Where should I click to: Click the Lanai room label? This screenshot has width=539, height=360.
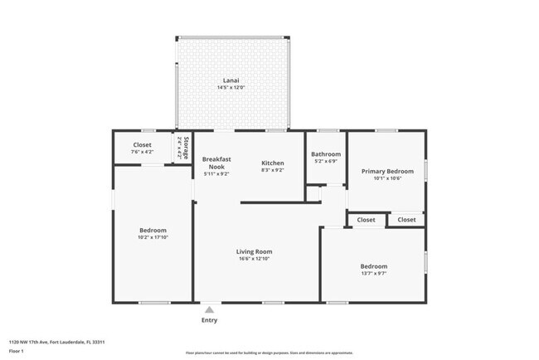(231, 80)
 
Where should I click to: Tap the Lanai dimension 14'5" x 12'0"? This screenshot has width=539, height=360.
(231, 88)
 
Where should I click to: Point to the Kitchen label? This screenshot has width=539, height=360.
(273, 163)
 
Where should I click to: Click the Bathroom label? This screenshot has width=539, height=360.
(326, 153)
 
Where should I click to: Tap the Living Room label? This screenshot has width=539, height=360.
(254, 251)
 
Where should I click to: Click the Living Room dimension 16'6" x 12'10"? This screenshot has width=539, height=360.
(254, 259)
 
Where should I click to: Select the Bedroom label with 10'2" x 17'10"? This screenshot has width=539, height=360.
(153, 230)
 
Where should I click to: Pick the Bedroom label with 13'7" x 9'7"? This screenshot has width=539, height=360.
(373, 266)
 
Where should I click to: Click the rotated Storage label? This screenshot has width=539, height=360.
(185, 147)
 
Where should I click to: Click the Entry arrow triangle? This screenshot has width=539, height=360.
(210, 309)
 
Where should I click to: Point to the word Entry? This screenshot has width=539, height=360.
(210, 320)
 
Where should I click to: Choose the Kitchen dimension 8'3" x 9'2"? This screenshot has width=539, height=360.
(273, 170)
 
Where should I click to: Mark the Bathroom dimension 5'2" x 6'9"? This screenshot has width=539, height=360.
(326, 161)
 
